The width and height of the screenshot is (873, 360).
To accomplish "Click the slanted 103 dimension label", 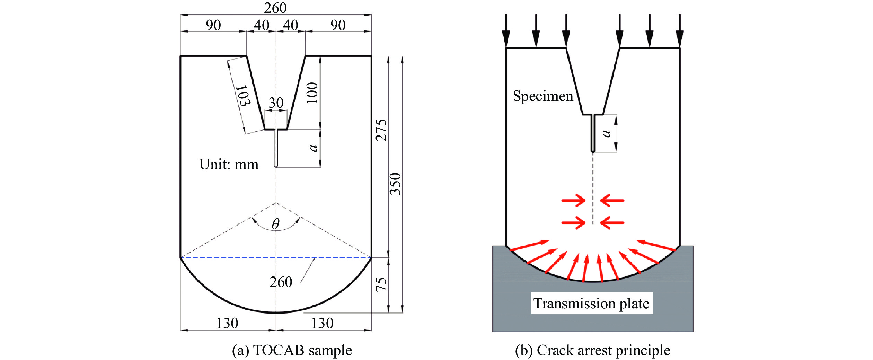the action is click(243, 96).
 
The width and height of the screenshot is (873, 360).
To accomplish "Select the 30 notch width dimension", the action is click(276, 103).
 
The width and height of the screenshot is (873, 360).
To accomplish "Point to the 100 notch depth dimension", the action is click(312, 93).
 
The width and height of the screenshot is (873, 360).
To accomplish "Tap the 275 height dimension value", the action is click(381, 130).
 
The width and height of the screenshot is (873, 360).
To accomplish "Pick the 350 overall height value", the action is click(395, 184).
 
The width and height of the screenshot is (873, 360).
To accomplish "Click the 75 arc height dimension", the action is click(381, 284).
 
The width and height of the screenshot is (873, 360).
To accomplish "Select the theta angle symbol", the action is click(276, 224).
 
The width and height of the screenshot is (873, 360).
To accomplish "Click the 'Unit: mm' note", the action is click(229, 164).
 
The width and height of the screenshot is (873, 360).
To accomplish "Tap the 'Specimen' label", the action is click(543, 96).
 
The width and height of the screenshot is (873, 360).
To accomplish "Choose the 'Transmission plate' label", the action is click(591, 304).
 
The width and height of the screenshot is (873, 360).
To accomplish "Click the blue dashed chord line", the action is click(276, 258).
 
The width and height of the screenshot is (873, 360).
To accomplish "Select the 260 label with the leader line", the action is click(281, 282).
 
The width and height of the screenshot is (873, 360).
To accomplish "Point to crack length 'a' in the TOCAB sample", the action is click(313, 148).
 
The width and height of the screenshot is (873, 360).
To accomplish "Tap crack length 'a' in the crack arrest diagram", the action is click(606, 133).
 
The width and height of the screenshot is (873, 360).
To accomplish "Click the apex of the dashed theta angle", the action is click(276, 203).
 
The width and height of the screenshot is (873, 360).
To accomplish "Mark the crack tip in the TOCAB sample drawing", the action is click(276, 167).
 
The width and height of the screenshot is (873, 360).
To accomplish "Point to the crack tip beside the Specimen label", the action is click(593, 152).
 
